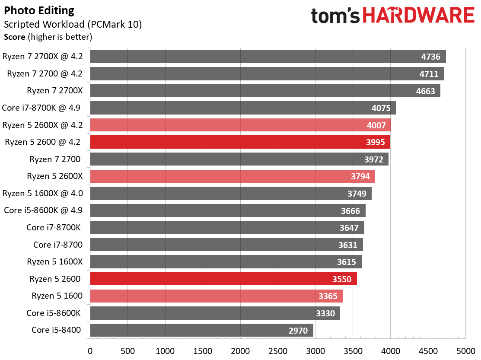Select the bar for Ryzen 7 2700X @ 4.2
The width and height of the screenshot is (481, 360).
pos(268,57)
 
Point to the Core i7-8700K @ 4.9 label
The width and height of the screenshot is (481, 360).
pos(45,108)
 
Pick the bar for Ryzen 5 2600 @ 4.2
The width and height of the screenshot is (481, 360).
pos(240,142)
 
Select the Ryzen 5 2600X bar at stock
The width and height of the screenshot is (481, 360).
pos(232,176)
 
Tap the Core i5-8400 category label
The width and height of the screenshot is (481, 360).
pos(56,330)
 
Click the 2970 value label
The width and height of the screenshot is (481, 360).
pos(298,331)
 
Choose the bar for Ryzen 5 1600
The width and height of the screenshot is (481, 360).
pos(216,296)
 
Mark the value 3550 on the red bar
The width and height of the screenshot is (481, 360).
pos(342,279)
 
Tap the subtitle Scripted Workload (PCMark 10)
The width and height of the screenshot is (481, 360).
pos(73,24)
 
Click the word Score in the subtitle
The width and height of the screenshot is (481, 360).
pos(15,37)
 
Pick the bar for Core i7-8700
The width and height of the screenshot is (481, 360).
pos(226,245)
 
